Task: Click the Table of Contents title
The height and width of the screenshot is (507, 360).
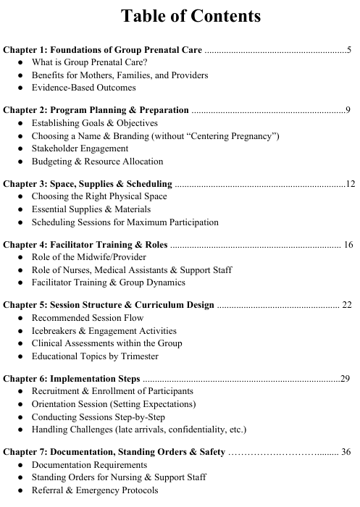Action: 180,16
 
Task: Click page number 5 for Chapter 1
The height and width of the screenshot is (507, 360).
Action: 349,50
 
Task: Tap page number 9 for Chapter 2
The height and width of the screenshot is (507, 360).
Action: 349,110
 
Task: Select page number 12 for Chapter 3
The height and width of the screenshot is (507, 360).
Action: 351,183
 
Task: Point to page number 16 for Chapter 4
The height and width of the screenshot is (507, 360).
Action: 348,244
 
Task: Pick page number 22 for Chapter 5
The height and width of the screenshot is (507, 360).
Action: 346,305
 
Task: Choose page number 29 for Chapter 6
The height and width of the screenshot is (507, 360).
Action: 346,378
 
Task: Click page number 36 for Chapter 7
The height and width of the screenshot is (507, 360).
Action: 346,452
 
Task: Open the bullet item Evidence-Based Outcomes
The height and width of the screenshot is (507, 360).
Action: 83,88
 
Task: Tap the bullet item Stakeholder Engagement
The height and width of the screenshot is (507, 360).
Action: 80,148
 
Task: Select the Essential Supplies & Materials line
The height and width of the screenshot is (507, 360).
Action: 91,209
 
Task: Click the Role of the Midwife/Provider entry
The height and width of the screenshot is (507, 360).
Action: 88,257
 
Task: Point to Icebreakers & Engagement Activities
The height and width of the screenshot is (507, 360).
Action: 104,330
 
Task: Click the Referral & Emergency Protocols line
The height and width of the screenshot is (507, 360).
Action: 94,490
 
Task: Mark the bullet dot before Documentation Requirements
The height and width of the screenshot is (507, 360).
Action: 20,465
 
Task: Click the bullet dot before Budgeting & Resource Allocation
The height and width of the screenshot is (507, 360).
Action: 20,162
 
